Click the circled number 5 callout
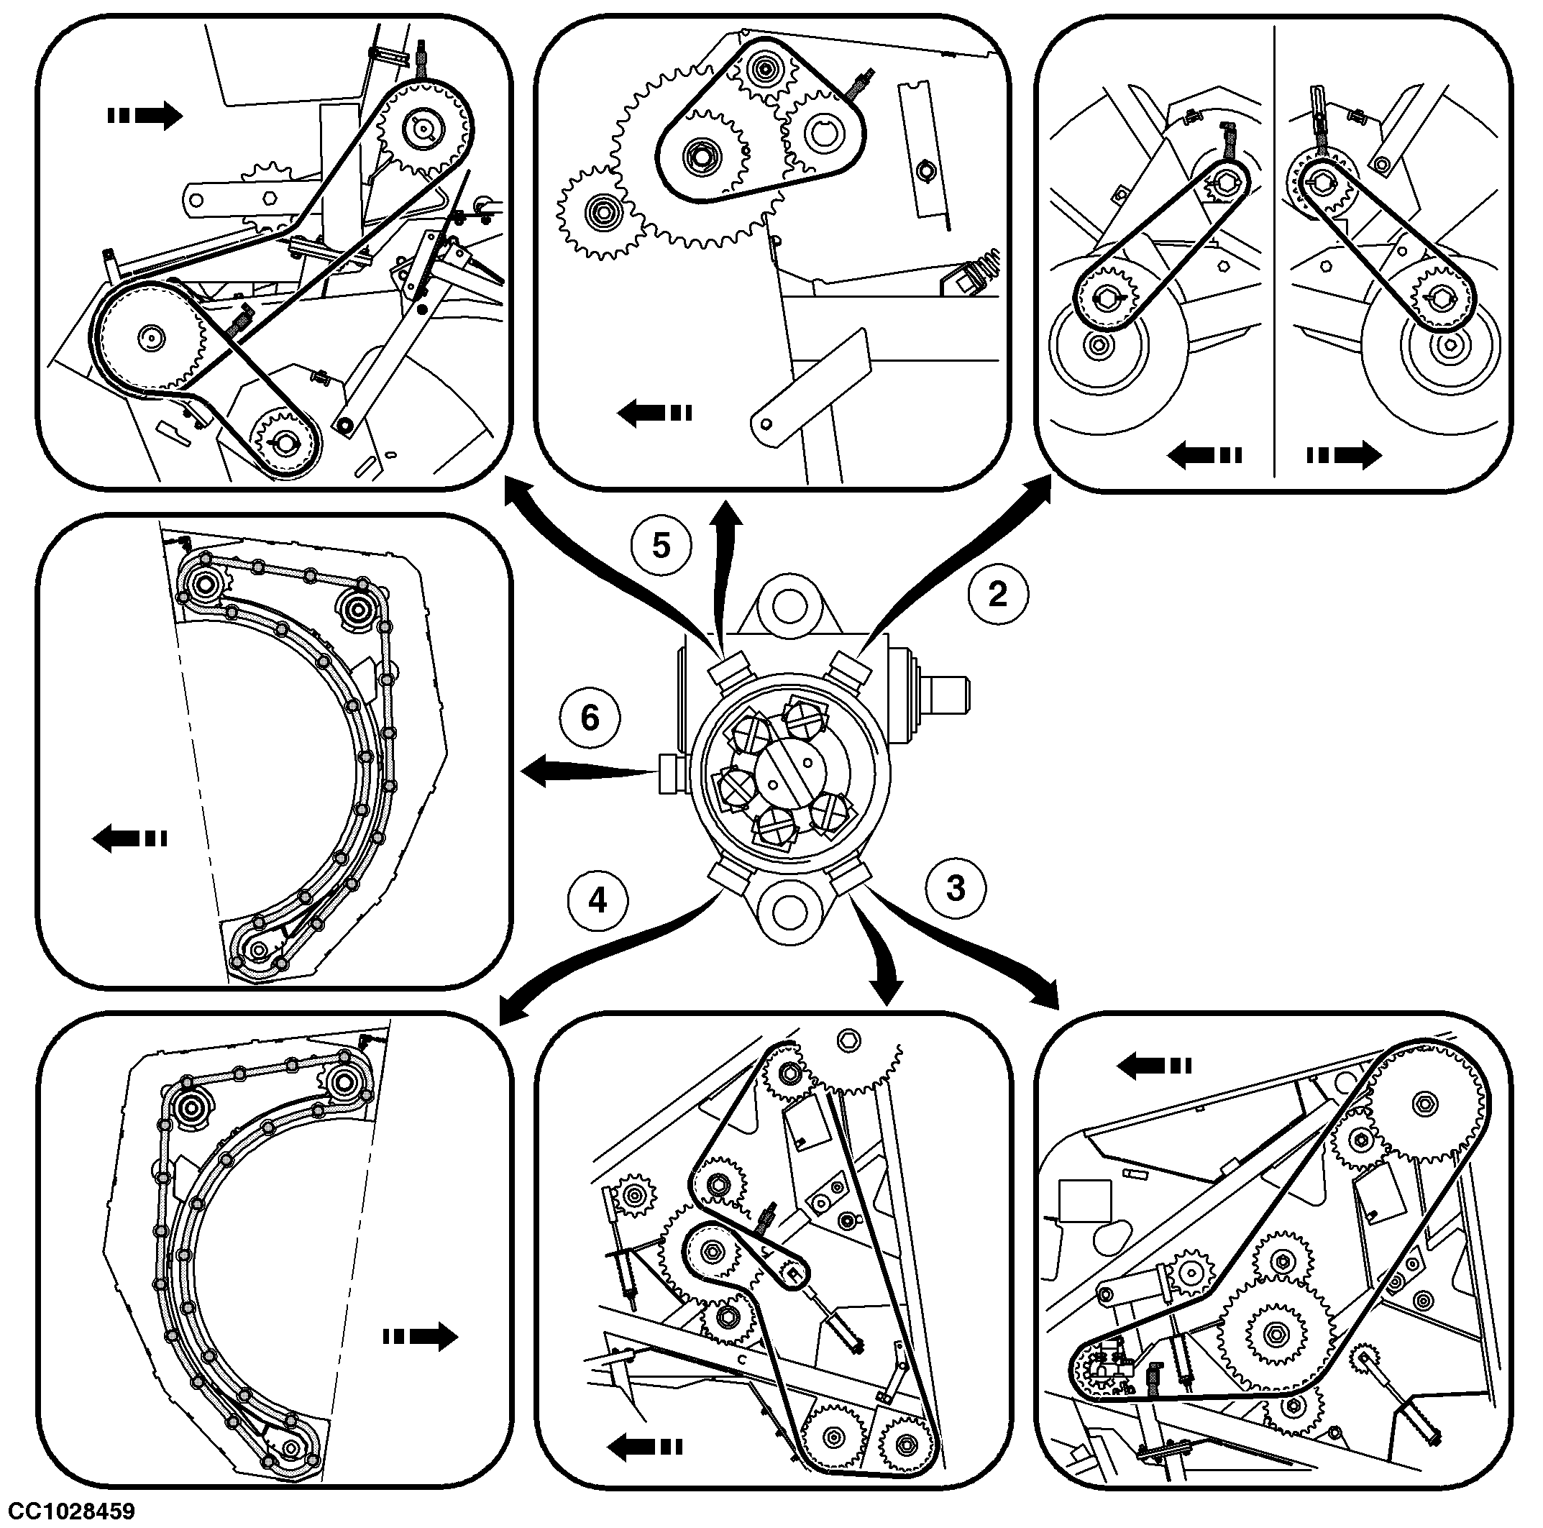pyautogui.click(x=661, y=546)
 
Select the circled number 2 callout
pyautogui.click(x=998, y=594)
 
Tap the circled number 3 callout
pyautogui.click(x=956, y=888)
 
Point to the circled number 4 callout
pyautogui.click(x=597, y=901)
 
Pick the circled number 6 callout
pyautogui.click(x=590, y=718)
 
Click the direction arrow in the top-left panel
pyautogui.click(x=145, y=116)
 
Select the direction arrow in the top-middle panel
pyautogui.click(x=655, y=413)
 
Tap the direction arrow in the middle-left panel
pyautogui.click(x=129, y=838)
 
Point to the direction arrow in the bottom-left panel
pyautogui.click(x=420, y=1335)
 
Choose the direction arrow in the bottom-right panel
pyautogui.click(x=1154, y=1065)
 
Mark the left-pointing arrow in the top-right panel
pyautogui.click(x=1204, y=455)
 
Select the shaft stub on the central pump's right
pyautogui.click(x=948, y=692)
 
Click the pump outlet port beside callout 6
pyautogui.click(x=669, y=773)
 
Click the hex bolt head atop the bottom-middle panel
pyautogui.click(x=849, y=1040)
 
